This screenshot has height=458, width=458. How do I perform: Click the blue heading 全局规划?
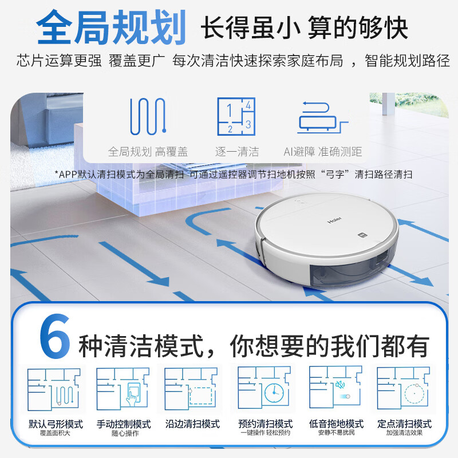point(112,27)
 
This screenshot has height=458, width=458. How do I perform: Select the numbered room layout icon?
point(235,116)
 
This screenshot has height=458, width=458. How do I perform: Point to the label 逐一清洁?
point(236,152)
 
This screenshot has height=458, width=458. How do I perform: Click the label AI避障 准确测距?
point(322,152)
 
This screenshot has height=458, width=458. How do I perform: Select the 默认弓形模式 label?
point(56,424)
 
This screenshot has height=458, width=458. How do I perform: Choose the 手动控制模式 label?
point(124,424)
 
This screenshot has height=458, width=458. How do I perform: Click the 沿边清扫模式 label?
point(192,424)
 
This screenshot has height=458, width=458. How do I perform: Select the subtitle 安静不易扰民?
point(335,433)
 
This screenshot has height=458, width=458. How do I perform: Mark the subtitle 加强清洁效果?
point(404,433)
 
